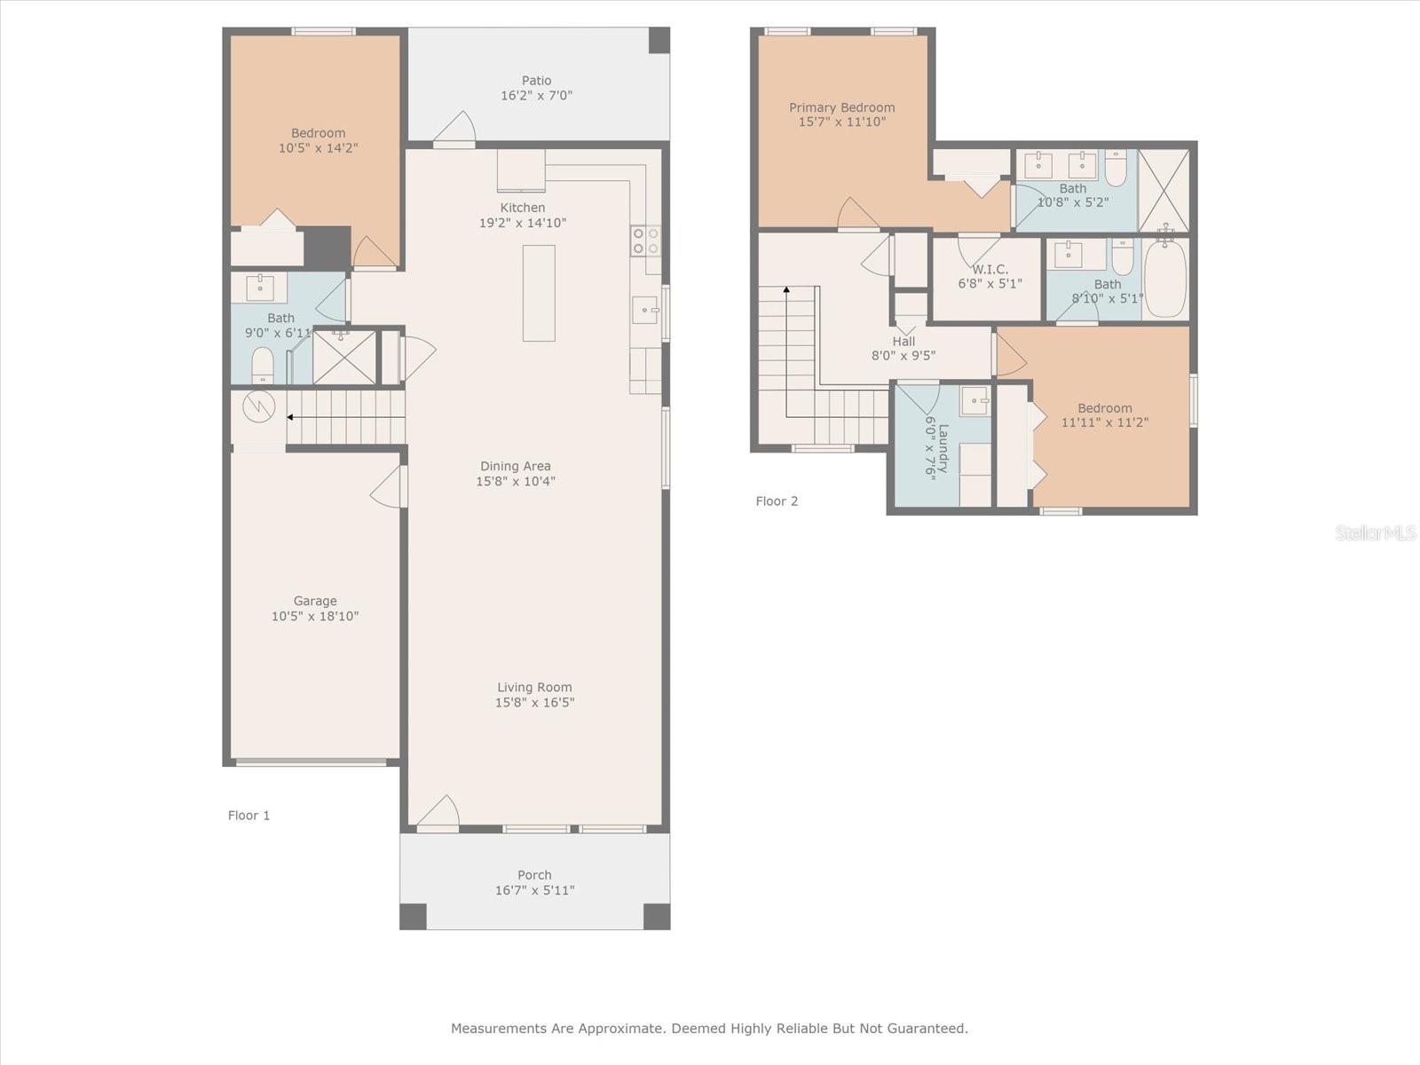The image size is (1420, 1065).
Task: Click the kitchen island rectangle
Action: click(539, 293)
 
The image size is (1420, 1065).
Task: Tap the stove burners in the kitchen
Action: click(645, 241)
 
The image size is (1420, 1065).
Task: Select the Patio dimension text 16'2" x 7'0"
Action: click(536, 95)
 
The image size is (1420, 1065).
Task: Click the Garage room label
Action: click(315, 601)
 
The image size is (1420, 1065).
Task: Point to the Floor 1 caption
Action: click(248, 815)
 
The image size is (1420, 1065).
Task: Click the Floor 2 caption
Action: click(777, 501)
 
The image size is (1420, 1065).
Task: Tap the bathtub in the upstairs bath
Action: click(1165, 279)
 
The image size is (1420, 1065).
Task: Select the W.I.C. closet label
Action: click(990, 269)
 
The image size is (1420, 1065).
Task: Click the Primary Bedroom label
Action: click(841, 107)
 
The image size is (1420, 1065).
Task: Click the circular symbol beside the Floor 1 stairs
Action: click(259, 406)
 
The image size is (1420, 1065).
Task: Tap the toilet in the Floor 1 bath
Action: click(263, 365)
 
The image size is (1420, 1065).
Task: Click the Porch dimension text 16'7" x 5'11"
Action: click(534, 890)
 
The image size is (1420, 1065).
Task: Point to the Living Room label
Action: click(534, 687)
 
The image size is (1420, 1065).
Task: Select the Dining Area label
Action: click(516, 466)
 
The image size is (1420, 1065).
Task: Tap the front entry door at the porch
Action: click(438, 813)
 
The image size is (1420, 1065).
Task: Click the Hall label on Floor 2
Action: click(903, 341)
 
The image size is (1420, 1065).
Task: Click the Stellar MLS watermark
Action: click(1376, 532)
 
